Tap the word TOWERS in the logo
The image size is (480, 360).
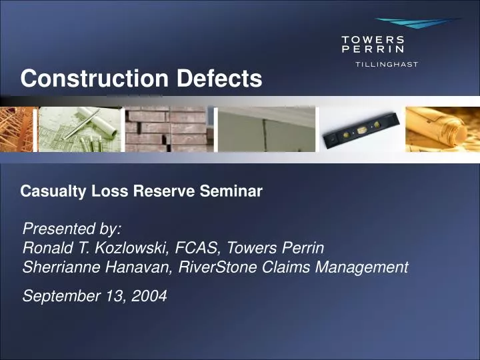pos(373,39)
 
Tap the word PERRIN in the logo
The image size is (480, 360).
pos(373,49)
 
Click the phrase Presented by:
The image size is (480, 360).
pos(72,229)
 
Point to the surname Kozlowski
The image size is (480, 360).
pos(133,249)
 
